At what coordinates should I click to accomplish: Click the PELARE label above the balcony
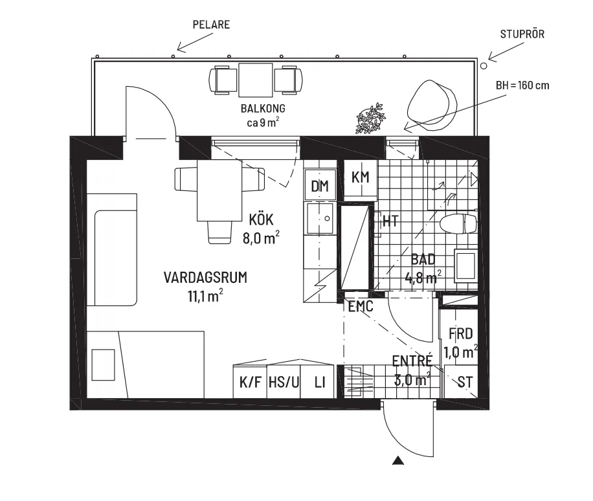212,25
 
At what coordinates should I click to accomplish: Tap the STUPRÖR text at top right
522,34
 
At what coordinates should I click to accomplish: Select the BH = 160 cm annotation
522,85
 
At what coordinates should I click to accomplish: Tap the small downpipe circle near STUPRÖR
484,65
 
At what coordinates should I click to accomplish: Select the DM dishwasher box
320,186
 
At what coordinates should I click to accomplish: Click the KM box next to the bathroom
359,177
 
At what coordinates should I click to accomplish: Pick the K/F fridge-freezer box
250,382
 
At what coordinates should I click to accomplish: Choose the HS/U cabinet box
284,382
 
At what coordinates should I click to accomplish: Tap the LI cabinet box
319,382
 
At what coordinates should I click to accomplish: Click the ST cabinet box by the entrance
464,382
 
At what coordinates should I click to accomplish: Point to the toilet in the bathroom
458,225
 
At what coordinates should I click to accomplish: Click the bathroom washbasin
466,265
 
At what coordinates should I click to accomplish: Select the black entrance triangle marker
399,461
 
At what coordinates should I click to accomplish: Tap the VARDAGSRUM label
205,278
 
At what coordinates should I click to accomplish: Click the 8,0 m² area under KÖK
262,238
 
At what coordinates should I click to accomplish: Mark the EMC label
361,306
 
